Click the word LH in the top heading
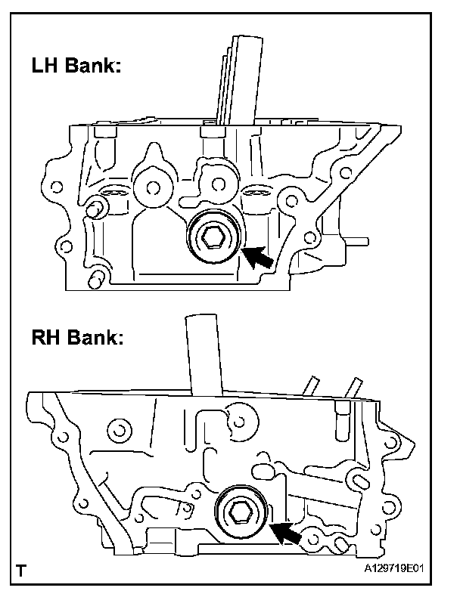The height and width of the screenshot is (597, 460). click(46, 67)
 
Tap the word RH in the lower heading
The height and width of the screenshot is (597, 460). click(47, 338)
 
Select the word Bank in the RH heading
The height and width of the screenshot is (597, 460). click(91, 338)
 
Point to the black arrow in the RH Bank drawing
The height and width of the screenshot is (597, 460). click(286, 534)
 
